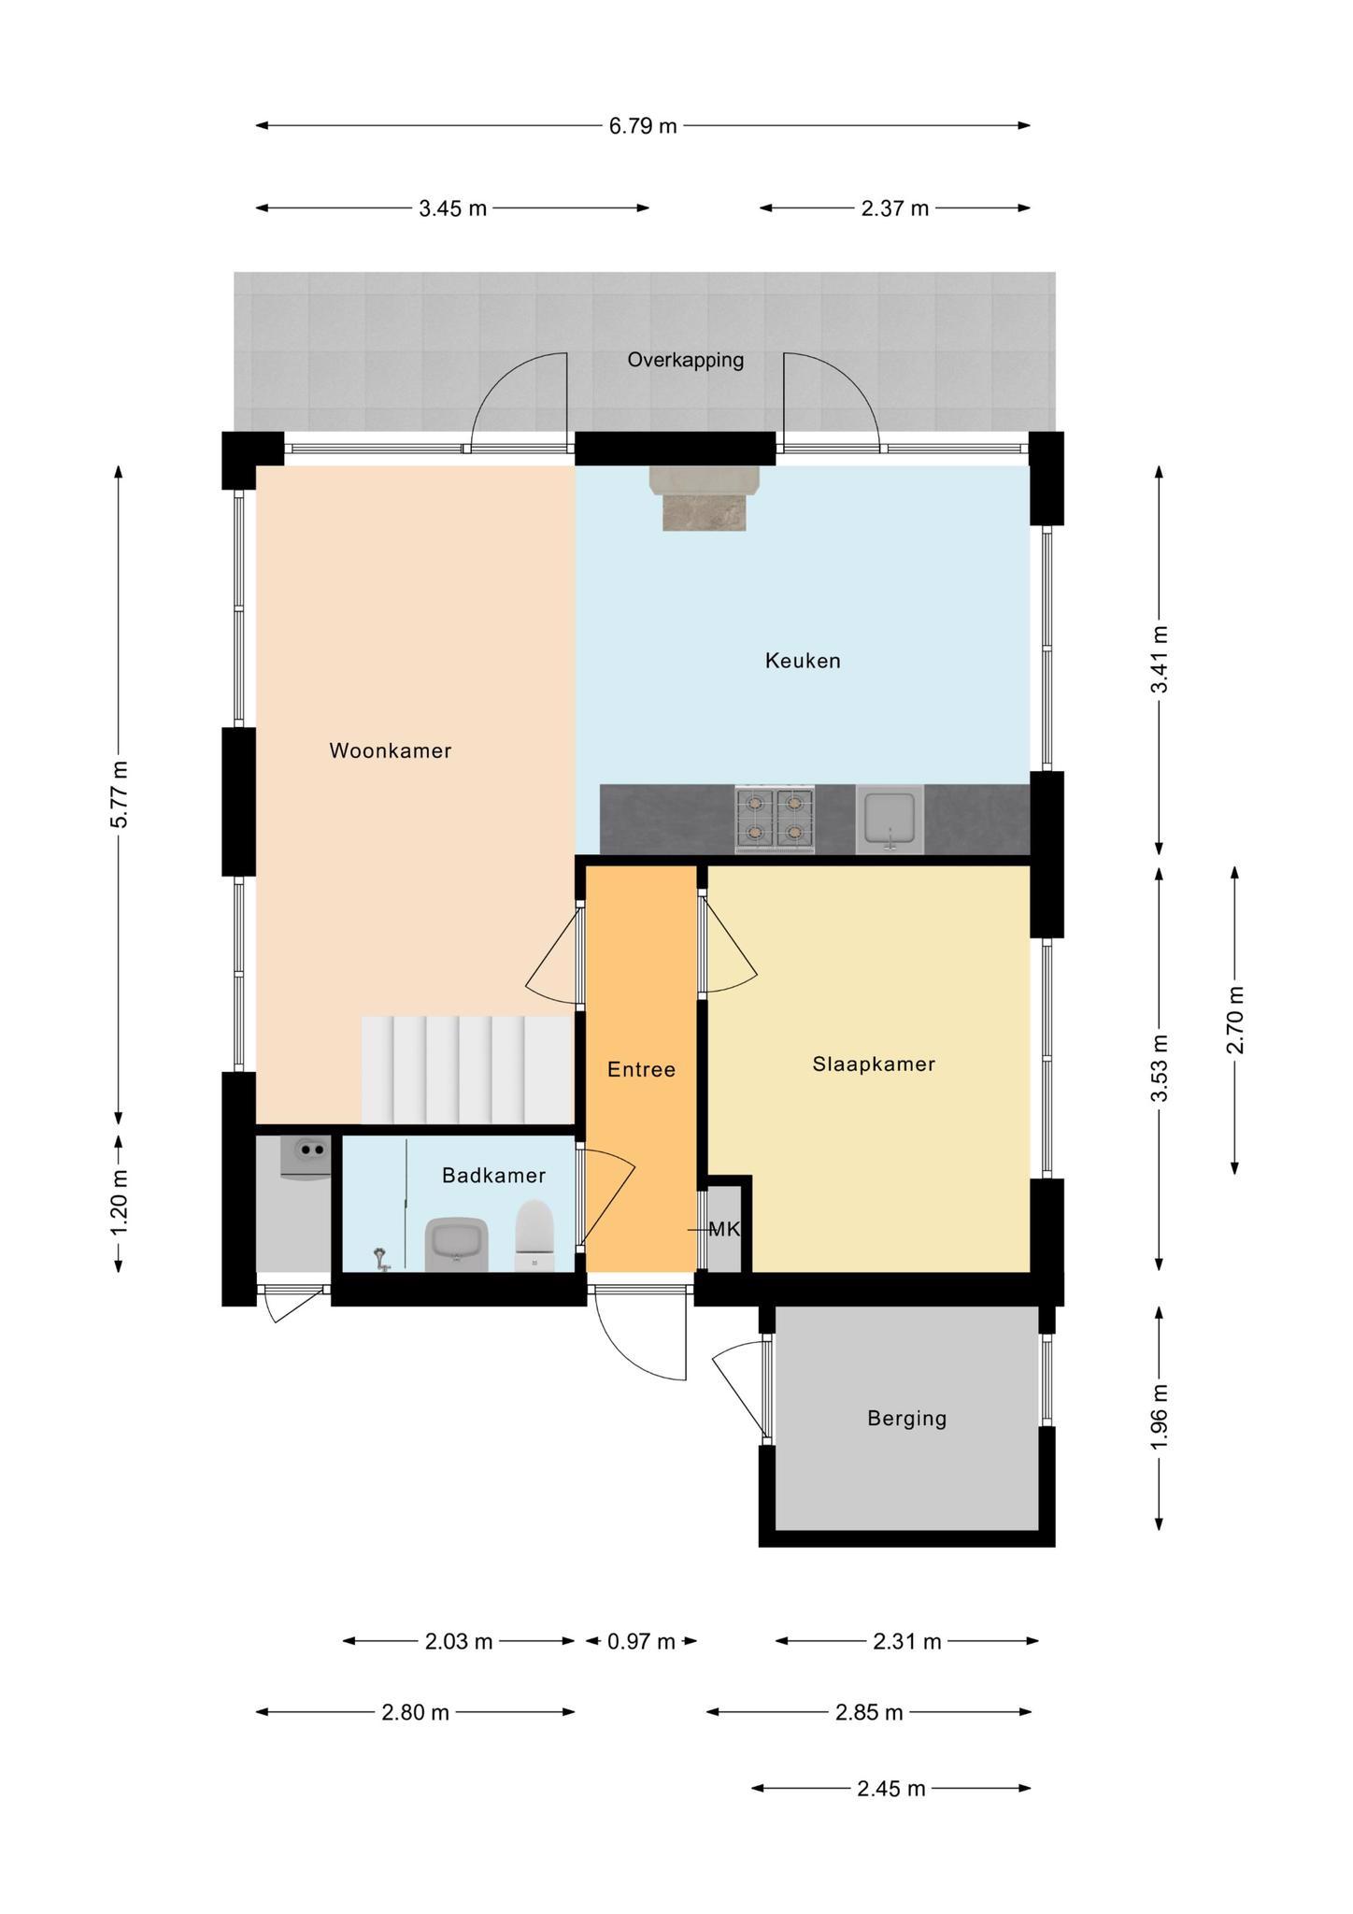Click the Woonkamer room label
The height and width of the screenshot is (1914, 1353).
click(391, 750)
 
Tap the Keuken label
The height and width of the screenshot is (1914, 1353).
click(803, 661)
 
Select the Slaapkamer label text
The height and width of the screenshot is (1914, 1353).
click(874, 1064)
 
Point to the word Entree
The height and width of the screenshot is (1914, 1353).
click(641, 1069)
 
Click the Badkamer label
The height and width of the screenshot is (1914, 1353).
click(493, 1175)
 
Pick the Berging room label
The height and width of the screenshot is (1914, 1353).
click(906, 1419)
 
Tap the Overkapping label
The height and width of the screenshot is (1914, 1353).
click(686, 360)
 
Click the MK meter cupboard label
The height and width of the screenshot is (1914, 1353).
click(724, 1229)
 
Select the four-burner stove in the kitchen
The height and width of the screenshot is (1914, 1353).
click(775, 819)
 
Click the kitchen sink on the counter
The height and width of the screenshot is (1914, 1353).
click(890, 819)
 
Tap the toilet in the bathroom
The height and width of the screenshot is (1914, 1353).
click(535, 1236)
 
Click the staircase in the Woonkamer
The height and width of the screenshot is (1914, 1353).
click(467, 1070)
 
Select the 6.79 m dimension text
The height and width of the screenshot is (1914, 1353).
click(643, 125)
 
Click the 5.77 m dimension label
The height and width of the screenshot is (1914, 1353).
click(119, 793)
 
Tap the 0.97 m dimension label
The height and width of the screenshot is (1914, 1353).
click(641, 1641)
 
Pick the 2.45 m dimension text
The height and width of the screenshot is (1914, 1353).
click(890, 1789)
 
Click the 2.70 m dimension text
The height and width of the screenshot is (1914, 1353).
click(1234, 1019)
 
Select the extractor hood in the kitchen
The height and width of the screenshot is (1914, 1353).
click(705, 498)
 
